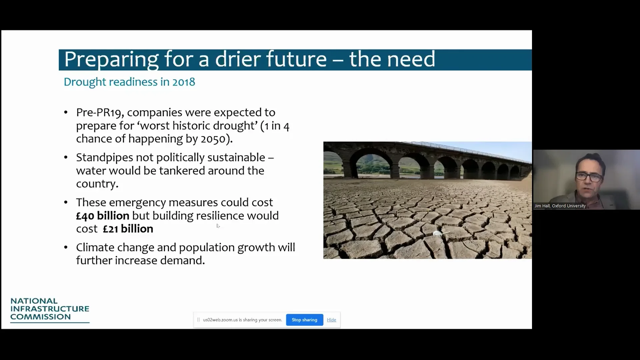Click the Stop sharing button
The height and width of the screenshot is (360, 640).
tap(304, 320)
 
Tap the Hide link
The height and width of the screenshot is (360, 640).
tap(331, 320)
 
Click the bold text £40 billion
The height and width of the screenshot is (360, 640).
tap(103, 216)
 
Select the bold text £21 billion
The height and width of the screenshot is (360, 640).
tap(128, 229)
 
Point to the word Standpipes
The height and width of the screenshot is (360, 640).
tap(105, 158)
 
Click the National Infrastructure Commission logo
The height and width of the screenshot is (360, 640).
tap(50, 310)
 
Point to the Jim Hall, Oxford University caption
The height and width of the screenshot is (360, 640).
tap(560, 206)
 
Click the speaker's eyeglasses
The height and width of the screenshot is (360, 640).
tap(589, 176)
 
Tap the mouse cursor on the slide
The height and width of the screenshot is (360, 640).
tap(218, 226)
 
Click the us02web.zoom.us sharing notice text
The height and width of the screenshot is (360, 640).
tap(242, 320)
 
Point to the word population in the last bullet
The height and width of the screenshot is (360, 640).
tap(207, 248)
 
